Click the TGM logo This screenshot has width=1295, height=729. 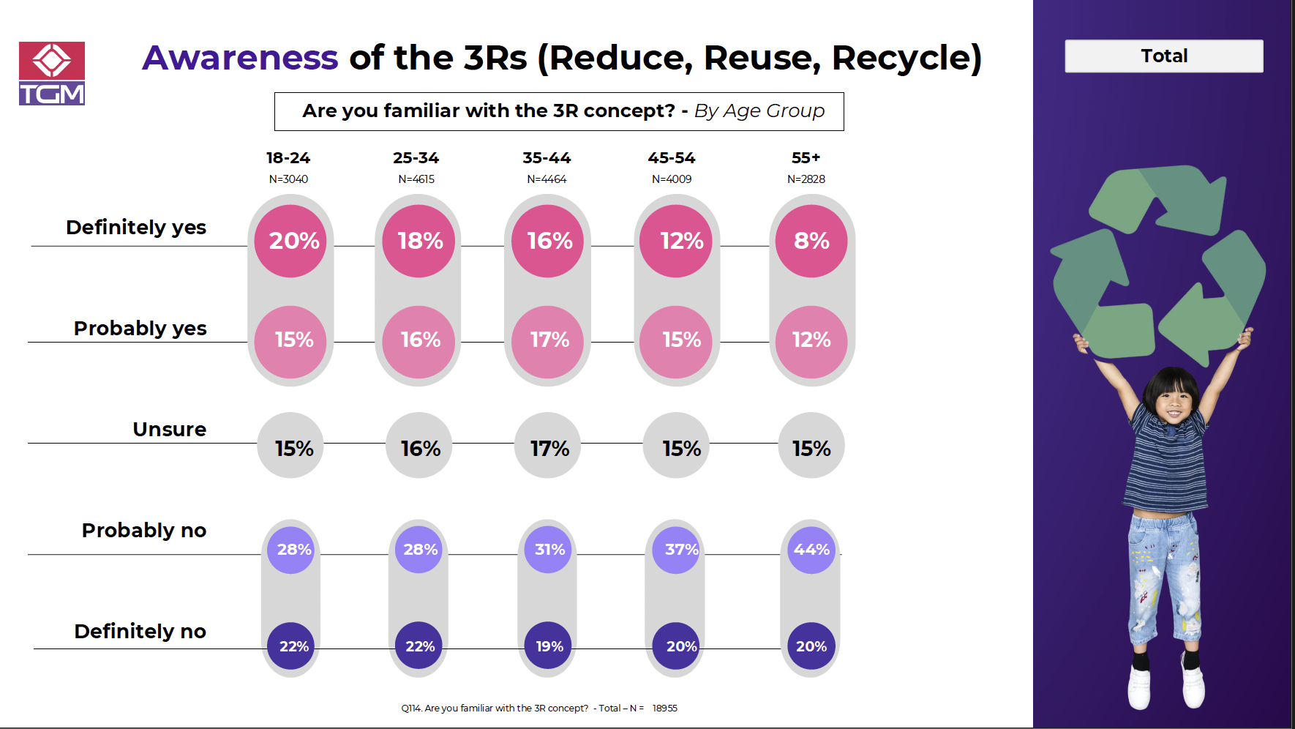[52, 73]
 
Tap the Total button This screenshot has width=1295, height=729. [1163, 56]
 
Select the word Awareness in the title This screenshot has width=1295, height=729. [240, 58]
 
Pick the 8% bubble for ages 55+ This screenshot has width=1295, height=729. [811, 241]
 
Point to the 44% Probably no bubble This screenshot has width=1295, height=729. [811, 550]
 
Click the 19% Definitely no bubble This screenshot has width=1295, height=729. [549, 646]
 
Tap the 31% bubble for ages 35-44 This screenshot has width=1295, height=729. [549, 550]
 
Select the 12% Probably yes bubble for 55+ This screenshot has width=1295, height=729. [811, 340]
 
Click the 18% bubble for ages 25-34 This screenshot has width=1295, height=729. [419, 241]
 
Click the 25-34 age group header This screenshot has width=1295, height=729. [416, 158]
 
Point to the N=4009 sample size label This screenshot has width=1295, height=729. [672, 179]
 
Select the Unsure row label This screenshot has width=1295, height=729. [169, 430]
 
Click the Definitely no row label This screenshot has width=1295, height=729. [140, 632]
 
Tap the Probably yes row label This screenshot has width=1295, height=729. [140, 329]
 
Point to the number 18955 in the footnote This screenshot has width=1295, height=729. [665, 709]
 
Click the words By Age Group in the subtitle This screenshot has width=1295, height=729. [759, 111]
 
